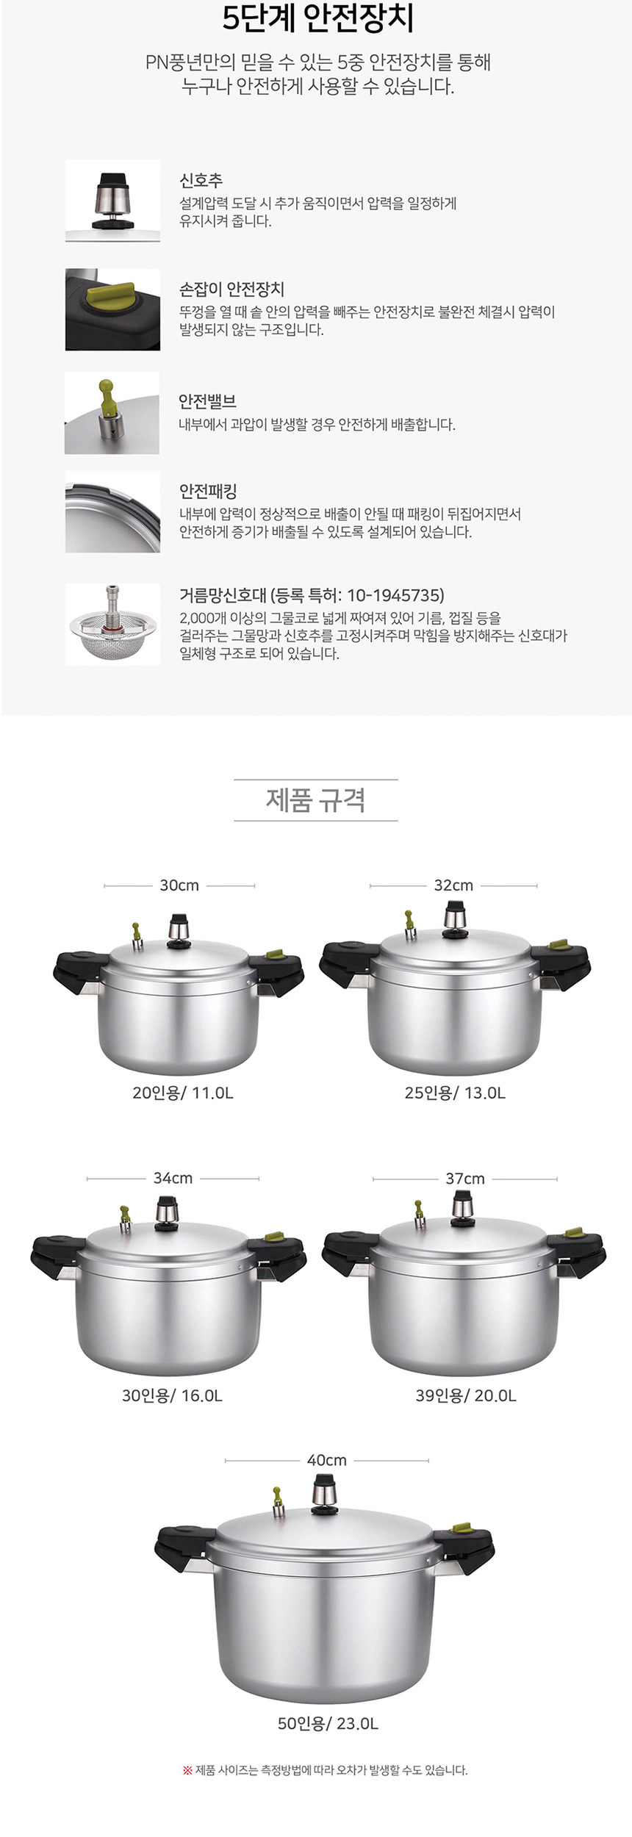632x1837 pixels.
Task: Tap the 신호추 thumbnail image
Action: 112,201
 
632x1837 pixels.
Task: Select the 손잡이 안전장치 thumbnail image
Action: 112,309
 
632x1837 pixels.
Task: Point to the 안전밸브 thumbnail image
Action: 112,413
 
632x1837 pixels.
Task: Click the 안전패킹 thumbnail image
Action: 112,512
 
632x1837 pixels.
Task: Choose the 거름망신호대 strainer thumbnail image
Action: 112,625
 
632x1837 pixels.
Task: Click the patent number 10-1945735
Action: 395,595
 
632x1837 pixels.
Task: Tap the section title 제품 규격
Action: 315,799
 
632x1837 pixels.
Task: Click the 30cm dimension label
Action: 179,885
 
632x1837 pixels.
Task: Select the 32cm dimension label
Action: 453,885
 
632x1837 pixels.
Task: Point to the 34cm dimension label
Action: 173,1178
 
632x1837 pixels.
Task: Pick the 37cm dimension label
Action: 465,1179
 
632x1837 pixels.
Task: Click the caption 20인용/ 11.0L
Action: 183,1093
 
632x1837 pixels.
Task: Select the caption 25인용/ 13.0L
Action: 455,1093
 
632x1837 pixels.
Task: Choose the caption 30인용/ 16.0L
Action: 172,1395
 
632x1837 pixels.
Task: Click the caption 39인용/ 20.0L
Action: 466,1395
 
